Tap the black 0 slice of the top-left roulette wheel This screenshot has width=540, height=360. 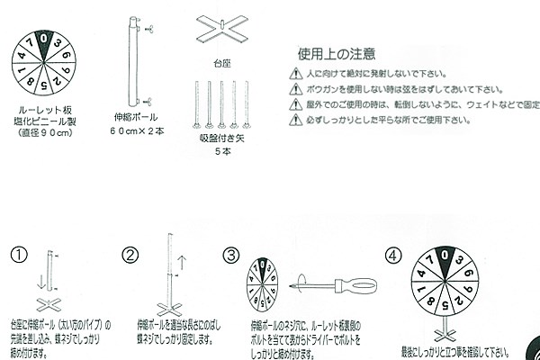point(43,42)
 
